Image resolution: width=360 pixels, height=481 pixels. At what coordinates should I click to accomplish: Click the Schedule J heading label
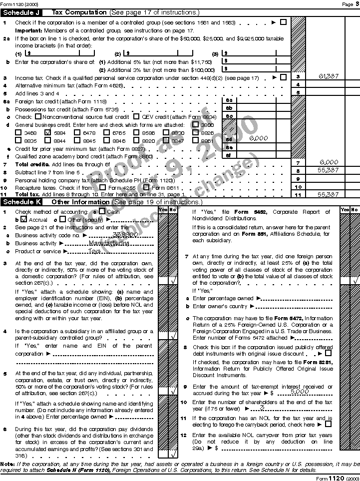[x=22, y=12]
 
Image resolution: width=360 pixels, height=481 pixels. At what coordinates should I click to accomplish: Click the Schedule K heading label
[x=22, y=202]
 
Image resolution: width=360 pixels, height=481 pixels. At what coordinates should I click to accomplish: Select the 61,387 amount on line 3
[x=329, y=77]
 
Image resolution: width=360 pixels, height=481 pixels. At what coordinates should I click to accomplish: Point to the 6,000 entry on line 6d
[x=258, y=138]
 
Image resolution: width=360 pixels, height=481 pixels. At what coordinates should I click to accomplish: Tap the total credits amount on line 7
[x=329, y=162]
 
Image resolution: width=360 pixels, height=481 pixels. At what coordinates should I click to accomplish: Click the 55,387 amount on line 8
[x=329, y=170]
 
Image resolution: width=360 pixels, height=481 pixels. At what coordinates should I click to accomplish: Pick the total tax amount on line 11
[x=329, y=194]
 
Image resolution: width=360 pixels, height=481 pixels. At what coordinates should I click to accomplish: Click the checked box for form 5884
[x=48, y=133]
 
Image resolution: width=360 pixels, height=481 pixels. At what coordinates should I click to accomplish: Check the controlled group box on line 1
[x=284, y=22]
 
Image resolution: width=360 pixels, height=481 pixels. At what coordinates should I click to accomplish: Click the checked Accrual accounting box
[x=23, y=219]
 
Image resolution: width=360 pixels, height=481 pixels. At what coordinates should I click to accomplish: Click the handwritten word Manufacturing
[x=109, y=243]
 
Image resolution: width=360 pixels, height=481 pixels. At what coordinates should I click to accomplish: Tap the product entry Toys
[x=95, y=251]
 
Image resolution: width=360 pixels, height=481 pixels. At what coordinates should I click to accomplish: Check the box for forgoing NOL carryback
[x=328, y=424]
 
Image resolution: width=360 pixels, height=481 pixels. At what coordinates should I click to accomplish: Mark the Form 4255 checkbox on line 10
[x=103, y=187]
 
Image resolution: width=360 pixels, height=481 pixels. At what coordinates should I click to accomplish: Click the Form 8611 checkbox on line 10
[x=146, y=187]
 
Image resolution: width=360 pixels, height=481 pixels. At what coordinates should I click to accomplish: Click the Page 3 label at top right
[x=348, y=4]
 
